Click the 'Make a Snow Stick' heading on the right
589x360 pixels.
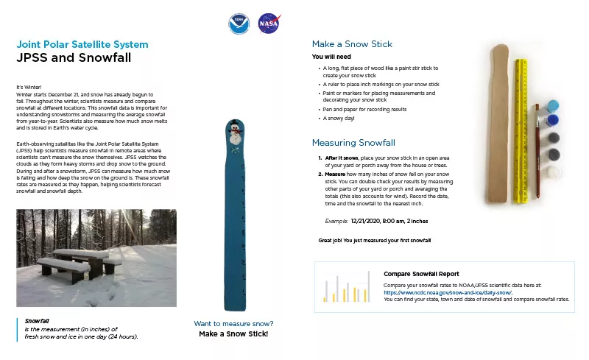(x=352, y=44)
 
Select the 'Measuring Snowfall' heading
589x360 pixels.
(x=353, y=142)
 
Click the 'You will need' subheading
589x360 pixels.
(x=331, y=56)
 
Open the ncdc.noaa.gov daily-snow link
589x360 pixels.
(x=448, y=292)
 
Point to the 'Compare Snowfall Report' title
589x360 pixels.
(x=421, y=274)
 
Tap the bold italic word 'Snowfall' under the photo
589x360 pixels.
(x=37, y=321)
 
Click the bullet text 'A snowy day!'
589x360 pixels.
(x=339, y=118)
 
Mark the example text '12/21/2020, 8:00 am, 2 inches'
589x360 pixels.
(x=389, y=220)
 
